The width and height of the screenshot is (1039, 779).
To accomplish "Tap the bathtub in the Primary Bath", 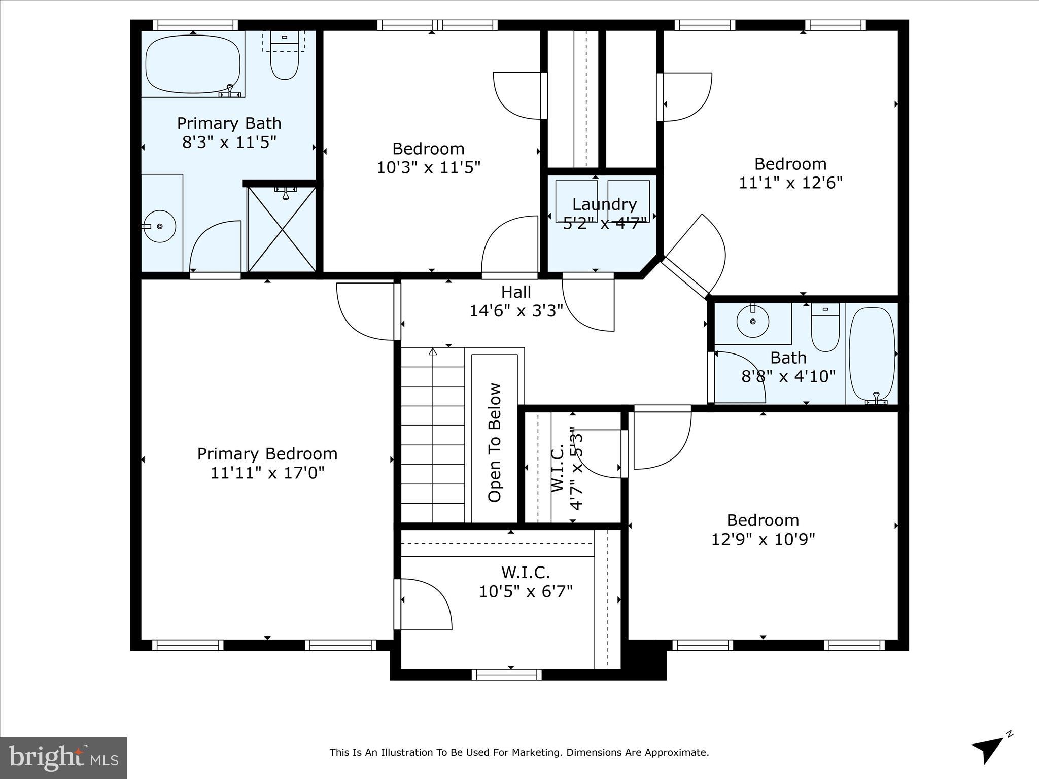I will tap(193, 63).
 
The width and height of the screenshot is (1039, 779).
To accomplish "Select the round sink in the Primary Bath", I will tap(160, 226).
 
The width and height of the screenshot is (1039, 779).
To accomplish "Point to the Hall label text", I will tap(516, 292).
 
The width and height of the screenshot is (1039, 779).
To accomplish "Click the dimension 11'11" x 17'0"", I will tap(267, 473).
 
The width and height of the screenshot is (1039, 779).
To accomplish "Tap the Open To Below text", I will tap(495, 442).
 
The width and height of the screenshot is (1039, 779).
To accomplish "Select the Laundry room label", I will tap(604, 204).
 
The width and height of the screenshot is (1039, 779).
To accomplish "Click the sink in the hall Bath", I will tap(752, 321).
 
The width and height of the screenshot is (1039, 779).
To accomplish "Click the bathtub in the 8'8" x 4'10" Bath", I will tap(872, 353).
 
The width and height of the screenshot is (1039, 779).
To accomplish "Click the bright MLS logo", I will tap(63, 758).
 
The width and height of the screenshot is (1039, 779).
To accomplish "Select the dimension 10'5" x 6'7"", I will tap(526, 591).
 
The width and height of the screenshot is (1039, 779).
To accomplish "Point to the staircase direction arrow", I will tap(433, 352).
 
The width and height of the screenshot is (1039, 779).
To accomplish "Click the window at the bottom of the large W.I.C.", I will tap(506, 675).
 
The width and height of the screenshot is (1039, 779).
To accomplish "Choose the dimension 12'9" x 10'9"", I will tap(763, 539).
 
